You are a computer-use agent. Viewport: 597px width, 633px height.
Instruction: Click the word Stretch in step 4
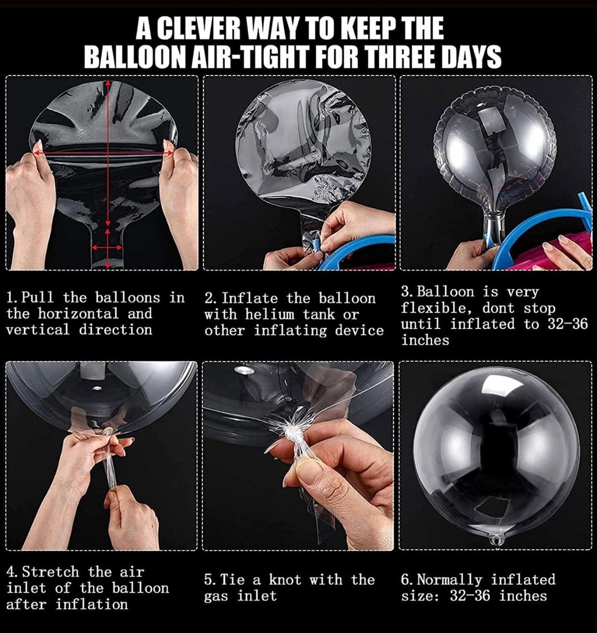(50, 572)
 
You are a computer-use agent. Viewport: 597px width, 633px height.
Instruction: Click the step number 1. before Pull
(13, 298)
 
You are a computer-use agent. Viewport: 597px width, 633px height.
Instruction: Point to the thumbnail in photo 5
(303, 465)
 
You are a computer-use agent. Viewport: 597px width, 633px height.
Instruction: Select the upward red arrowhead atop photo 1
(108, 83)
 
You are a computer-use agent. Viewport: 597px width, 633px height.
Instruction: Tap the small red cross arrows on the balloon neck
(108, 248)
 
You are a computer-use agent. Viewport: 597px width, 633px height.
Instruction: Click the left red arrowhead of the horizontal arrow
(37, 153)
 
